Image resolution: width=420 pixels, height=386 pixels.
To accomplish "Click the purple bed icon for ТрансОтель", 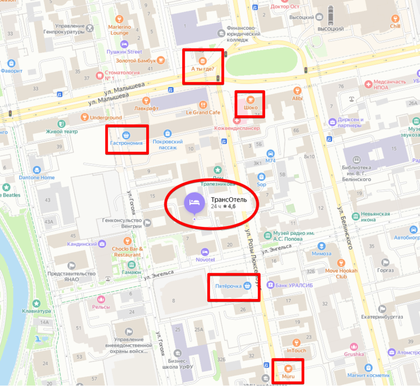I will [194, 202].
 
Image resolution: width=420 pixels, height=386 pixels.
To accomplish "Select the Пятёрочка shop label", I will [228, 286].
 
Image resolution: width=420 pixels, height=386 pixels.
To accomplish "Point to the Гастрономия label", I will [126, 143].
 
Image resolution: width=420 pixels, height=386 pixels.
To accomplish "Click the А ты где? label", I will [202, 69].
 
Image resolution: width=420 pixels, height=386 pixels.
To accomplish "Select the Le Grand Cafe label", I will [203, 112].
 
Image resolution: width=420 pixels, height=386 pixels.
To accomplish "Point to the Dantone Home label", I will [37, 178].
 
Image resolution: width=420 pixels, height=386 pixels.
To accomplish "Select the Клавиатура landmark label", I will [36, 311].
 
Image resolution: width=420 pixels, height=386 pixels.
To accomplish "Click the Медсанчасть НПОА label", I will [388, 84].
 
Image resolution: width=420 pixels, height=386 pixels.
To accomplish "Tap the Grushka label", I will [354, 354].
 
